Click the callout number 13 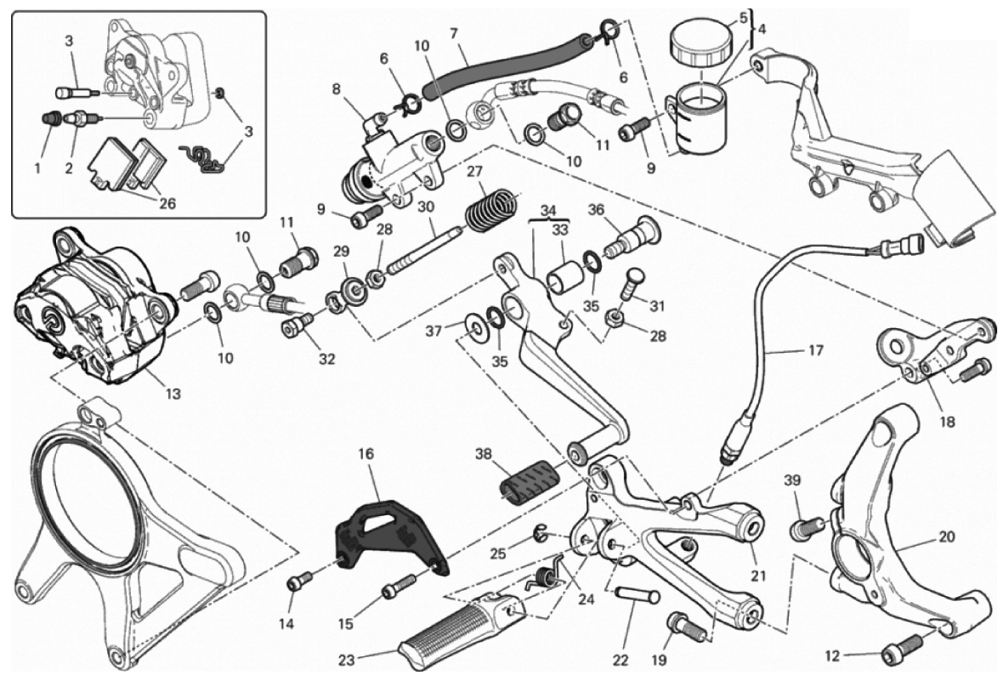coord(173,394)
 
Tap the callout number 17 coord(815,349)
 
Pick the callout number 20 coord(947,537)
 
